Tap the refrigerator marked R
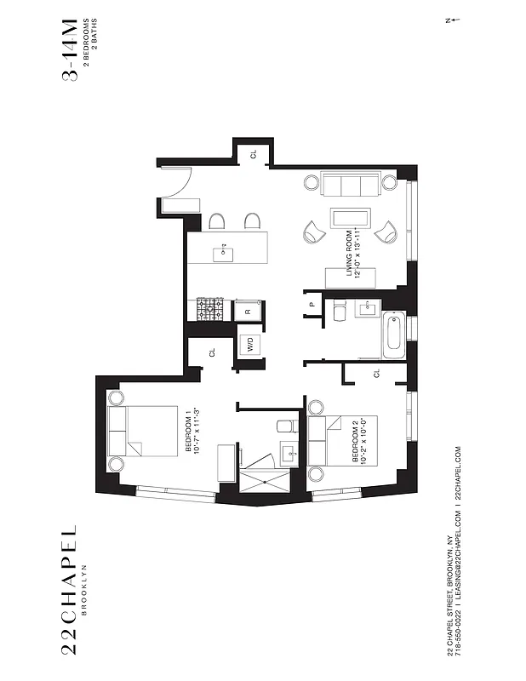(x=248, y=312)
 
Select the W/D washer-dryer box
(x=250, y=346)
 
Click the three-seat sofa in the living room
(x=350, y=184)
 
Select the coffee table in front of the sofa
(x=350, y=218)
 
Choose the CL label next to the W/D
(x=213, y=352)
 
